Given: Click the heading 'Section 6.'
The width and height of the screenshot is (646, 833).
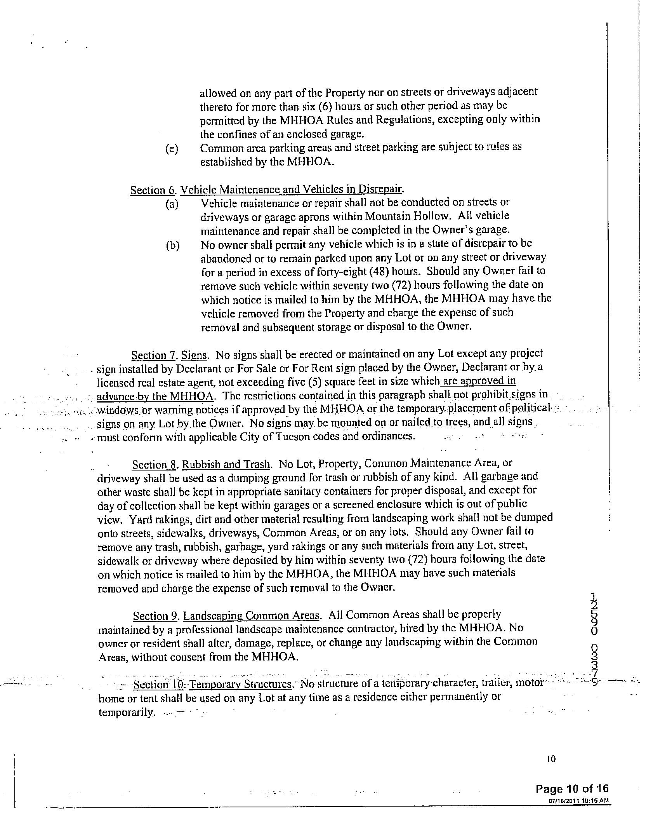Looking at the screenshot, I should tap(153, 190).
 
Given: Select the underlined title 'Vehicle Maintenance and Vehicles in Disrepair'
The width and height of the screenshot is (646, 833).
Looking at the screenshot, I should tap(292, 189).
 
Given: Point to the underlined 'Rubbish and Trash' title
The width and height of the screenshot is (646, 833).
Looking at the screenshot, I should tap(226, 464).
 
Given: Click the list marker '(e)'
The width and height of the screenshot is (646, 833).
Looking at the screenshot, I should tap(171, 149).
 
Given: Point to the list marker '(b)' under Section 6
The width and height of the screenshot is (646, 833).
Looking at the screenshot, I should tap(172, 246).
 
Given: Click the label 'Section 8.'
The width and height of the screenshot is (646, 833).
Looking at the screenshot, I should tap(155, 465).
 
